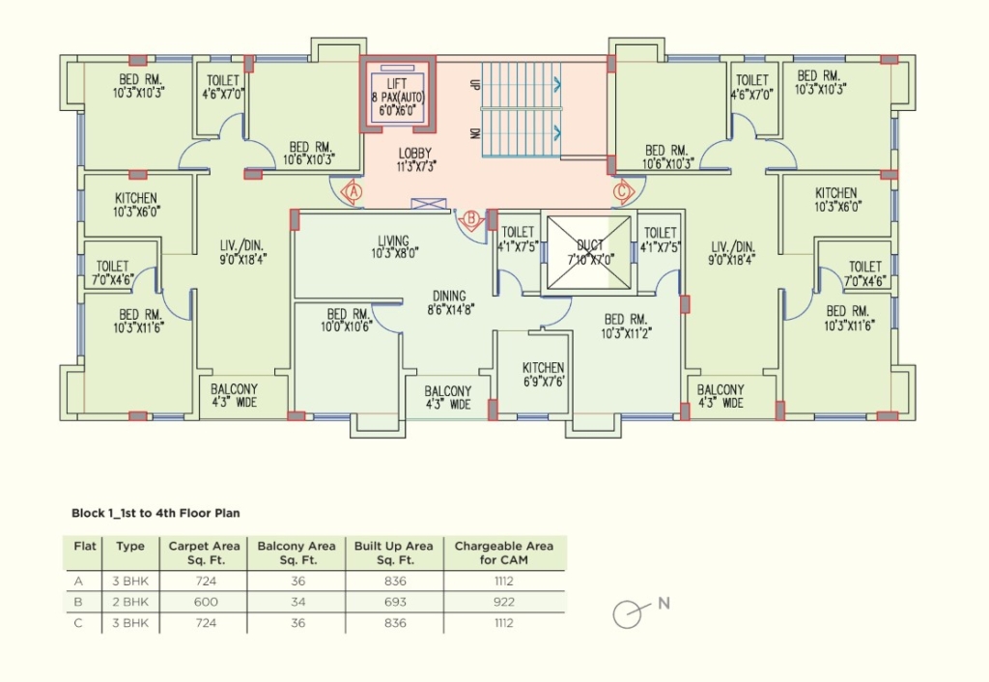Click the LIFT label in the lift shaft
(x=397, y=84)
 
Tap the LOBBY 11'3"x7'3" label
(x=415, y=159)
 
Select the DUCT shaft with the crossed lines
(x=589, y=252)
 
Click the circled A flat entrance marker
(x=353, y=190)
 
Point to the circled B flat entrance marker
(x=470, y=219)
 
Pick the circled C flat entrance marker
(x=623, y=190)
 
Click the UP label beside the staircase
(x=475, y=84)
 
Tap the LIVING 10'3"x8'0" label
(x=394, y=246)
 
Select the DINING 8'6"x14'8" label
(x=450, y=302)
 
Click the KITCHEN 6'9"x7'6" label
(x=543, y=374)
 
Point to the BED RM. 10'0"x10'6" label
(x=348, y=320)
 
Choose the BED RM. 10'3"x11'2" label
(x=626, y=327)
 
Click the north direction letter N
(x=664, y=603)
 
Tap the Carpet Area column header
(x=204, y=553)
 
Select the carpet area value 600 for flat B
(x=206, y=602)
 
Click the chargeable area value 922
(x=504, y=602)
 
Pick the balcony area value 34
(x=297, y=602)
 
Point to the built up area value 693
(x=395, y=602)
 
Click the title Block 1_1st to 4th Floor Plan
(x=155, y=513)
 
